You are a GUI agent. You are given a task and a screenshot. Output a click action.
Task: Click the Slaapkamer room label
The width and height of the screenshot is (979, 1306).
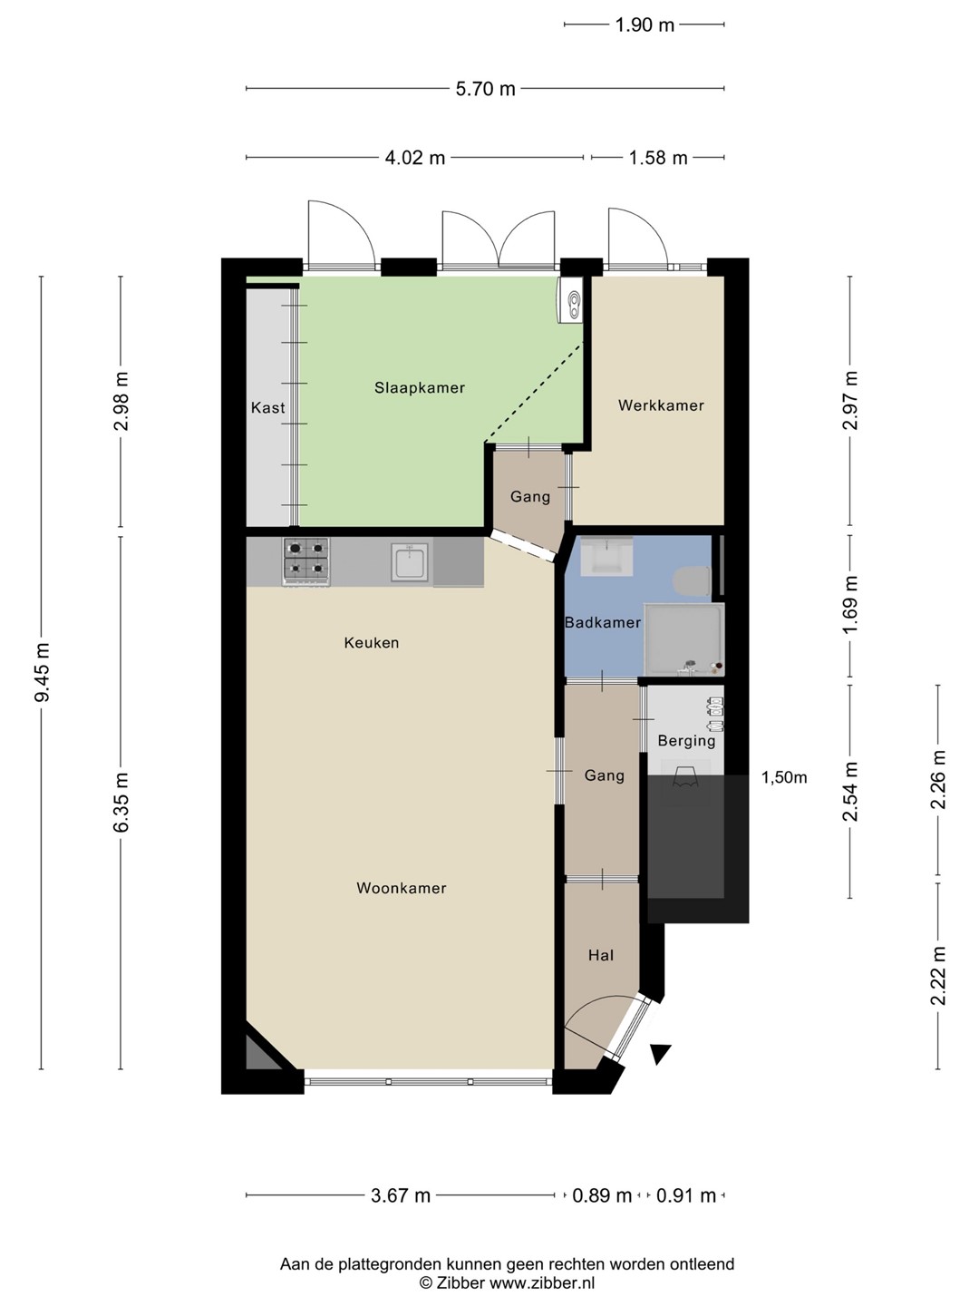coord(419,388)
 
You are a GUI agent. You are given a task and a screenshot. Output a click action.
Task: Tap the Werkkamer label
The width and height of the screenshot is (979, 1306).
coord(661,405)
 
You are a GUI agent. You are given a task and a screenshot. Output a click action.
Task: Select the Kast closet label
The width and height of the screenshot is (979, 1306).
coord(267,407)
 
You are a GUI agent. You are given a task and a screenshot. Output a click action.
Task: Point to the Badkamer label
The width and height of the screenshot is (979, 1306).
coord(603,622)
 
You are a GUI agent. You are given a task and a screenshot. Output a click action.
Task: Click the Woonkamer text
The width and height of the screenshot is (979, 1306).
coord(402,888)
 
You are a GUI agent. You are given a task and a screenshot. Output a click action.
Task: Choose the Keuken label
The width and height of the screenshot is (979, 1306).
coord(372,643)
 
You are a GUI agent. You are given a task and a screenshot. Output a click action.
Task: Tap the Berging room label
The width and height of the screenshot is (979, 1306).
coord(686,741)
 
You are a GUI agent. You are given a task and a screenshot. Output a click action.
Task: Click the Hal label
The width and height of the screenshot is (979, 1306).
coord(601,955)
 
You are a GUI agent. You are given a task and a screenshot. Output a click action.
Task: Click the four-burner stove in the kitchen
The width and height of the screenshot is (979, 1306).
coord(306,562)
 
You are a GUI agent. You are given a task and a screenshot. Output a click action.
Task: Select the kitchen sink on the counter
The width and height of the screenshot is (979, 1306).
coord(409,561)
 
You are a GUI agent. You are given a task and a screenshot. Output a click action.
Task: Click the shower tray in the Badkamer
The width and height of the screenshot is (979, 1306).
coord(684,640)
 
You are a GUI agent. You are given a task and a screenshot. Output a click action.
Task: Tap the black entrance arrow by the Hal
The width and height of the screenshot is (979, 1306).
coord(661,1054)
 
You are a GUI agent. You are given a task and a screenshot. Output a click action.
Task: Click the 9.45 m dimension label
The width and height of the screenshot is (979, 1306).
coord(43,672)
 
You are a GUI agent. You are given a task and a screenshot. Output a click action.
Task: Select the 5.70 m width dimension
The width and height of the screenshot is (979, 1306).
coord(485,89)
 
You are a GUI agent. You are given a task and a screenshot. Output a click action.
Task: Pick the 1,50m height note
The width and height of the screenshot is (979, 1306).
coord(785,777)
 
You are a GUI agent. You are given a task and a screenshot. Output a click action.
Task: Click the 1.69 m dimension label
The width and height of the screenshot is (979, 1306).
coord(850,605)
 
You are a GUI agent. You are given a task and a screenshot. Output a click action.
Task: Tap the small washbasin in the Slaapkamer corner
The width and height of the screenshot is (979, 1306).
coord(571,300)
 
